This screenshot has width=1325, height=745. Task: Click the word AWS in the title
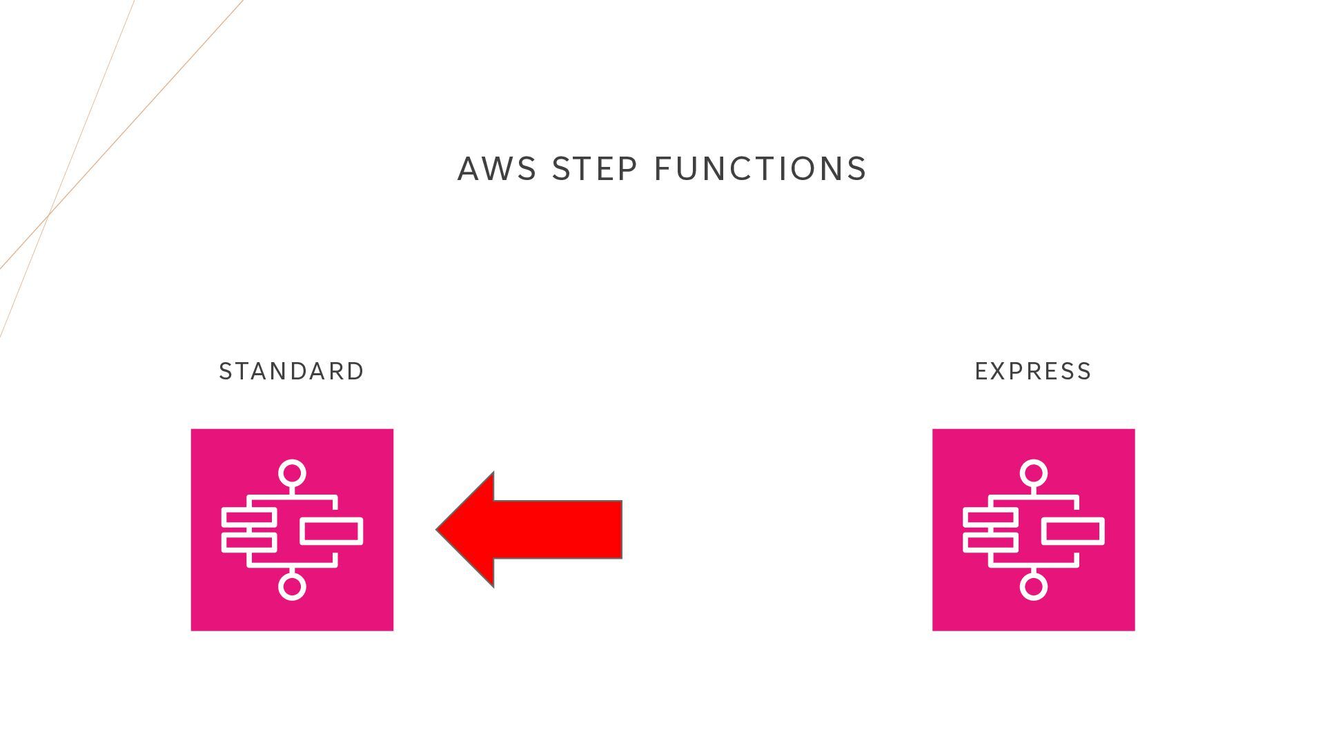(497, 169)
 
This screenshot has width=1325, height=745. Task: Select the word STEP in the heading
(594, 169)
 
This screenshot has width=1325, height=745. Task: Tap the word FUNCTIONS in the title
(760, 169)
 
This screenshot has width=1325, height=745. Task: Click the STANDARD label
(291, 372)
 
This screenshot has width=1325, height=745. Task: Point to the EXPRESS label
(1033, 372)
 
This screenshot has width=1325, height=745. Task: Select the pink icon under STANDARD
(292, 530)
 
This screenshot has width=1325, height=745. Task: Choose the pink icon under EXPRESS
(1033, 530)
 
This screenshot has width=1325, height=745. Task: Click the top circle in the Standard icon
(292, 474)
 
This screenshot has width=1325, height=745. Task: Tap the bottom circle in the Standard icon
(292, 586)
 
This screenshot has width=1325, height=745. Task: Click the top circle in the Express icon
(1033, 474)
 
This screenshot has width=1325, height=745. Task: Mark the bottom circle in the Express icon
(1033, 586)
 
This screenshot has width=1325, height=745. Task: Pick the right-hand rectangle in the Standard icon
(331, 531)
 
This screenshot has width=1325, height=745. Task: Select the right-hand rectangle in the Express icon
(1072, 531)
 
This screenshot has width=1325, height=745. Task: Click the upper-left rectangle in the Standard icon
(249, 517)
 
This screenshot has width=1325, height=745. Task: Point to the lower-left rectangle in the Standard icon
(249, 542)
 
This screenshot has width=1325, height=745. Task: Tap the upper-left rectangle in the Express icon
(990, 517)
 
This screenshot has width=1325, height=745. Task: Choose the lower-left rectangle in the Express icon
(990, 542)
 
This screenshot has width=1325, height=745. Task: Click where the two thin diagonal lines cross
(49, 215)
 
